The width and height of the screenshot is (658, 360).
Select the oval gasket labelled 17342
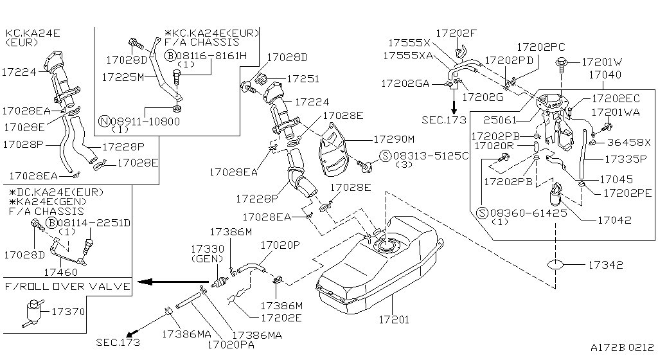(x=556, y=264)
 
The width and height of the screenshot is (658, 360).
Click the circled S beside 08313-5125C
(x=384, y=155)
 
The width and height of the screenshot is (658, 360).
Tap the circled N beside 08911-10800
(x=104, y=121)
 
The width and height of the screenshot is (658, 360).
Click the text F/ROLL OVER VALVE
(x=67, y=286)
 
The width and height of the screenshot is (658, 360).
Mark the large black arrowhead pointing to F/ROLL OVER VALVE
(x=146, y=282)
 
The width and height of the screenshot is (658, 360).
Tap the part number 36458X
(x=630, y=142)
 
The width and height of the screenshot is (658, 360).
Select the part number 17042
(x=614, y=220)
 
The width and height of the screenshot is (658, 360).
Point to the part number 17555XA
(x=407, y=56)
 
